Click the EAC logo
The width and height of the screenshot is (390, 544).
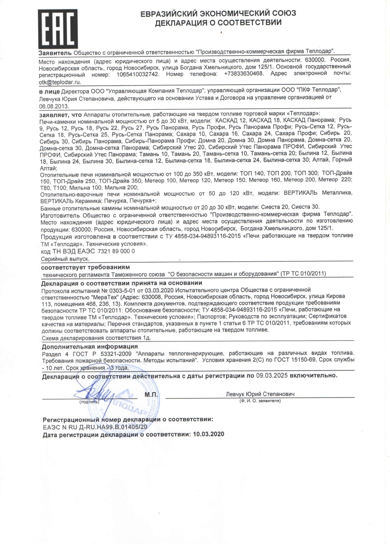(x=58, y=28)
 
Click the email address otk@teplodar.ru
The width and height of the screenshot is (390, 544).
(x=60, y=82)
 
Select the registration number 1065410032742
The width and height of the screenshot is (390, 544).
(x=138, y=75)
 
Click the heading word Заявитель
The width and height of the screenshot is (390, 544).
(x=55, y=53)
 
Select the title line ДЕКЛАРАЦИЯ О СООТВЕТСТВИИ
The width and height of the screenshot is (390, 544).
(x=218, y=23)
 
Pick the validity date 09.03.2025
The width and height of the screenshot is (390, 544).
(x=272, y=375)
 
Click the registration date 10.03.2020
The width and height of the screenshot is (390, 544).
(x=208, y=434)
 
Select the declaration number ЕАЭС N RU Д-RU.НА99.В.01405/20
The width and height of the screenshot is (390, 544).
(x=95, y=427)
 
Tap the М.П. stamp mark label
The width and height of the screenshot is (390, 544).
(x=151, y=395)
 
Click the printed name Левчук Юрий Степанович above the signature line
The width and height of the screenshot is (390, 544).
(x=260, y=394)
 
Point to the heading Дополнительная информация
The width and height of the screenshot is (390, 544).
(x=90, y=346)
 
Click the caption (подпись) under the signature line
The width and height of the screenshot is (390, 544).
(x=89, y=402)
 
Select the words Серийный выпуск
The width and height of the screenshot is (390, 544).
(x=65, y=259)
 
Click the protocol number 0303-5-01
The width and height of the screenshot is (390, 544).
(x=123, y=290)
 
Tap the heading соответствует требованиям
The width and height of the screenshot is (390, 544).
(x=85, y=267)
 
